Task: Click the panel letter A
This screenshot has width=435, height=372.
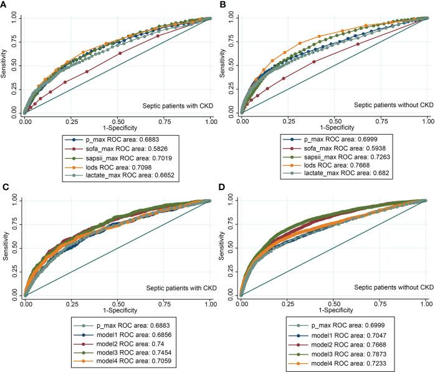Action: [5, 5]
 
